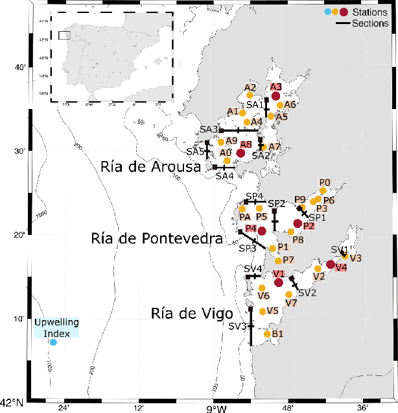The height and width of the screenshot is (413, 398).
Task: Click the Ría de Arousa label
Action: click(150, 167)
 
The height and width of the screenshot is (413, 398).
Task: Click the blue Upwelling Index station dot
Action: click(54, 342)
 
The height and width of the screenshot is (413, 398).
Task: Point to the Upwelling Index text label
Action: click(56, 327)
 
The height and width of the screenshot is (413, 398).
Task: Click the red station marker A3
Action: click(275, 96)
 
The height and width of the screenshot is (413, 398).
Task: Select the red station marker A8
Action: click(240, 153)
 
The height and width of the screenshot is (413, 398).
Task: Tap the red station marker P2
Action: click(298, 223)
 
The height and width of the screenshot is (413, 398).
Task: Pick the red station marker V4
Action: click(331, 264)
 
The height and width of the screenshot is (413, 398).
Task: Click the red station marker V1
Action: click(279, 282)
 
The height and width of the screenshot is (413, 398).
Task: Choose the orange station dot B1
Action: click(267, 334)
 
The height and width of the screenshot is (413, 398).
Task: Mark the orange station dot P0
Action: click(323, 191)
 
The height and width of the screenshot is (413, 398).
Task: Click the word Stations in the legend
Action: click(369, 12)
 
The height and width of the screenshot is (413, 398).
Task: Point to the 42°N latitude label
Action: click(13, 402)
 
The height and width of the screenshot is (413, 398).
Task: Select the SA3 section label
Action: click(209, 130)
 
